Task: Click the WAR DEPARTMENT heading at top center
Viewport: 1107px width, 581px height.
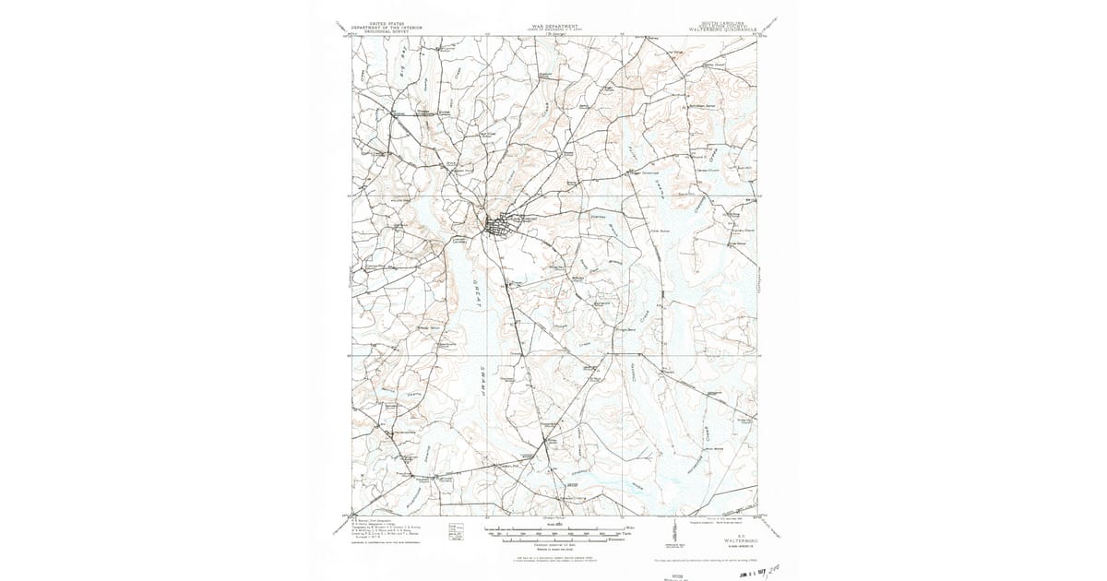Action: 553,26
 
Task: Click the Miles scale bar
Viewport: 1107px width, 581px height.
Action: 553,527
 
